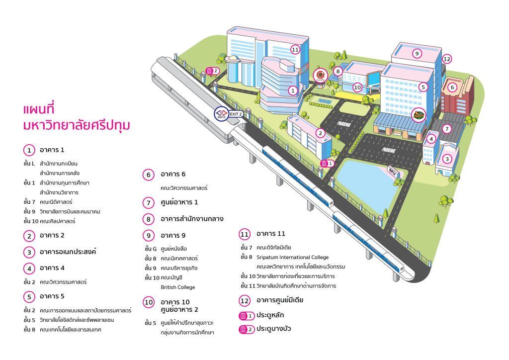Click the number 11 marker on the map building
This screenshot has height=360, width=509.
tap(295, 50)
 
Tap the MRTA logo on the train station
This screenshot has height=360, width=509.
tap(221, 114)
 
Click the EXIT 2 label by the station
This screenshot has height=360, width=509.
tap(236, 114)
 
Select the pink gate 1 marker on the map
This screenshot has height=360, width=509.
tap(327, 163)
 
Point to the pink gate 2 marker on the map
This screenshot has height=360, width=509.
tap(213, 71)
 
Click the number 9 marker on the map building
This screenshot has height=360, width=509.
tap(417, 54)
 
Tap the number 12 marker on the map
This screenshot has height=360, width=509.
tap(447, 59)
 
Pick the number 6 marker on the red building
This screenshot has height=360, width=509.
tap(452, 88)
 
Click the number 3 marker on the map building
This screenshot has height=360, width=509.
tap(447, 159)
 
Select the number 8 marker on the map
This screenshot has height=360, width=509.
tap(338, 72)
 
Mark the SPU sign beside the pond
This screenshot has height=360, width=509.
tap(393, 172)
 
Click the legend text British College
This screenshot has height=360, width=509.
tap(178, 287)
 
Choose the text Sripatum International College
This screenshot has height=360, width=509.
tap(292, 258)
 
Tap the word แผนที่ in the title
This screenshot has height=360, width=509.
tap(39, 109)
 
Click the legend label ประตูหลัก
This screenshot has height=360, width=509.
tap(270, 315)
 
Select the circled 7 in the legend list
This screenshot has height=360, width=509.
tap(148, 203)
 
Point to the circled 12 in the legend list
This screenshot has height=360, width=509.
tap(245, 301)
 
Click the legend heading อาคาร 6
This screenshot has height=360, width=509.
tap(173, 175)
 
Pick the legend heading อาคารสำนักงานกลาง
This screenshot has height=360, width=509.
tap(192, 219)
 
